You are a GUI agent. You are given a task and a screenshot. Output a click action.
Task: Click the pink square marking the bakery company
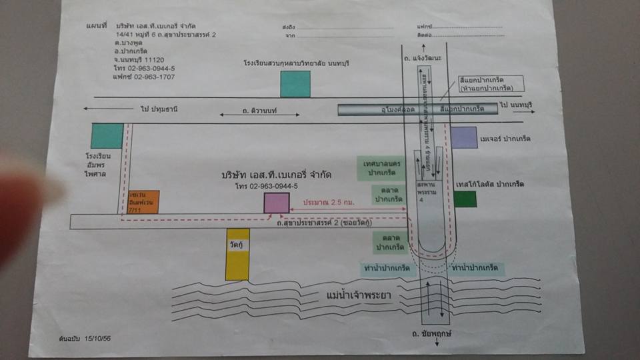(x=276, y=203)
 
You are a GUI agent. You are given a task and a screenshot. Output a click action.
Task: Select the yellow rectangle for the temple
(x=237, y=254)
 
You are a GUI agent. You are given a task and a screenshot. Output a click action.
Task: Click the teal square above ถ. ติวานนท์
(x=295, y=84)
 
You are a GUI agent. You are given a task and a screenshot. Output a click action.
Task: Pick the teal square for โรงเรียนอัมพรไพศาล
(x=107, y=136)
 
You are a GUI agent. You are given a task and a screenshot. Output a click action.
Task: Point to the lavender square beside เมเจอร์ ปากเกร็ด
(x=464, y=137)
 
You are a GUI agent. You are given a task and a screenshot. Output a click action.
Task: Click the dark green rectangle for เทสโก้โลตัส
(x=466, y=199)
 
